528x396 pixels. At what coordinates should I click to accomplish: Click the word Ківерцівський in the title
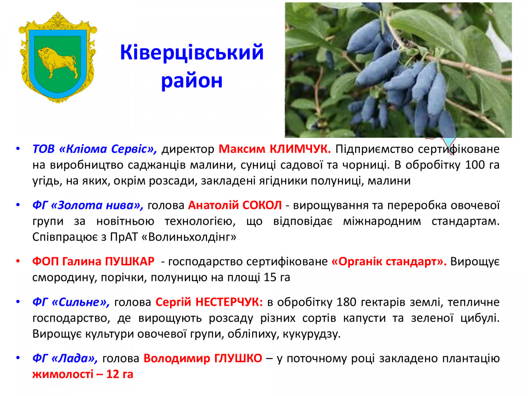coord(192,53)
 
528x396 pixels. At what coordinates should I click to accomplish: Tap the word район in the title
coord(192,81)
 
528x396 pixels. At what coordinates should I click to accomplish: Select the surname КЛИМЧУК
coord(300,149)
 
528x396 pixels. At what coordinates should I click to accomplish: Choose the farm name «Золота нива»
coord(97,205)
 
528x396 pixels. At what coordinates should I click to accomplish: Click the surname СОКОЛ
coord(262,205)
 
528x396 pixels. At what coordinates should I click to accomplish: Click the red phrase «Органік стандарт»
coord(389,261)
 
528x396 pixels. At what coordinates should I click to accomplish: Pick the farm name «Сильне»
coord(81,302)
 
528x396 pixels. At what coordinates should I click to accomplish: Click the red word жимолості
coord(63,374)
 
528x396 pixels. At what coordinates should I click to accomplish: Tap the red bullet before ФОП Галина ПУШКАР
coord(18,261)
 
